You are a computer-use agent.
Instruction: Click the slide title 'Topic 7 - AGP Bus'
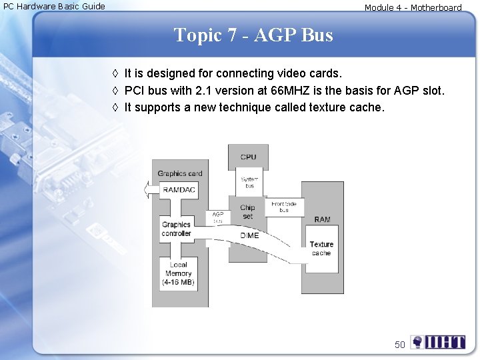(253, 35)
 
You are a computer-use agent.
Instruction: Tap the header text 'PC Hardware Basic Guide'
(55, 7)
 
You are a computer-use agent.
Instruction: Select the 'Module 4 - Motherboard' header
(413, 8)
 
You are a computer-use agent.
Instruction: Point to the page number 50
(399, 345)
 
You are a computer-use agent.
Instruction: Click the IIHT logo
(438, 343)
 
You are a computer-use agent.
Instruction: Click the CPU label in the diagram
(248, 157)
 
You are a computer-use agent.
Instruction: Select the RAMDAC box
(179, 190)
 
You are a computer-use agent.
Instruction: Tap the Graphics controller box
(176, 229)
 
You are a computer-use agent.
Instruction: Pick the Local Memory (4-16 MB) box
(178, 274)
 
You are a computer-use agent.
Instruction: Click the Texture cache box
(321, 249)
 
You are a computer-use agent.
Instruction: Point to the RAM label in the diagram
(322, 219)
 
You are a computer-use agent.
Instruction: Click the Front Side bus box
(284, 207)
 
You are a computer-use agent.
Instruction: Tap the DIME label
(249, 235)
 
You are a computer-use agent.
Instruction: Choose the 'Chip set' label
(247, 212)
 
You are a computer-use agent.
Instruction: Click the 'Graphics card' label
(179, 174)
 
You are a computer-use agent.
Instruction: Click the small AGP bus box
(218, 217)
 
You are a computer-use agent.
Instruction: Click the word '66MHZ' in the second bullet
(290, 90)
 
